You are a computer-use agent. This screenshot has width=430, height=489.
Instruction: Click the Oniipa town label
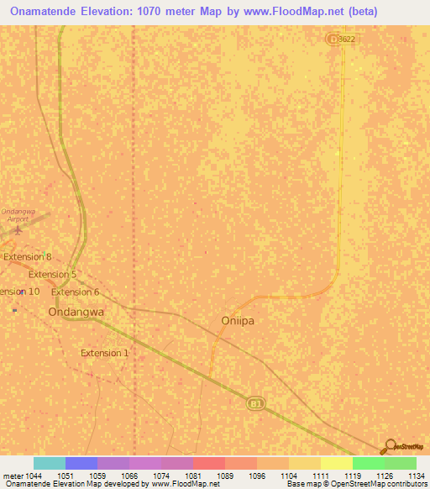[x=236, y=320]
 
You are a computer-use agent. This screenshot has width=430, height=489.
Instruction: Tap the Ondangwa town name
[x=76, y=311]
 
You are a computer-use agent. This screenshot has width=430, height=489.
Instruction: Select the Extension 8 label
[x=26, y=256]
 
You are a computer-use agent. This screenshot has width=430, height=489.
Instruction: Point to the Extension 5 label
[x=52, y=274]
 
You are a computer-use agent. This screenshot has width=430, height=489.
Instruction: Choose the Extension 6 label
[x=75, y=292]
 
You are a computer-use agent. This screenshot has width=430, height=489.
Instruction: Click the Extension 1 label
[x=104, y=353]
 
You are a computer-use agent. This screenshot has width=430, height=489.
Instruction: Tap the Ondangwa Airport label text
[x=14, y=215]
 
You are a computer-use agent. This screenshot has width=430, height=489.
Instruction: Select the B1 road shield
[x=254, y=404]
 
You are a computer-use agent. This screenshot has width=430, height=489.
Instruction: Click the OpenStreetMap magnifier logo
[x=389, y=447]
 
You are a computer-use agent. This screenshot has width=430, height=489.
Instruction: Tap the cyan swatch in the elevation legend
[x=50, y=463]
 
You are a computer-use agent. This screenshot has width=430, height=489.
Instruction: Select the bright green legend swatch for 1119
[x=368, y=463]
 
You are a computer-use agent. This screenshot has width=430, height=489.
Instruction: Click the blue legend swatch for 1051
[x=81, y=463]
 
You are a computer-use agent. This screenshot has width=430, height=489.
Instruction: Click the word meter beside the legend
[x=12, y=475]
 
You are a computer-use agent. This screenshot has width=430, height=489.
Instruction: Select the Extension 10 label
[x=19, y=292]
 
